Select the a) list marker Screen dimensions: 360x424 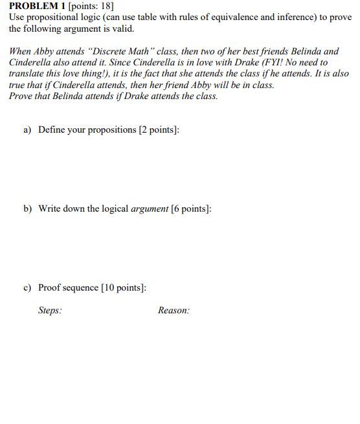pyautogui.click(x=27, y=129)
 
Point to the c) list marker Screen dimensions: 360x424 pyautogui.click(x=27, y=287)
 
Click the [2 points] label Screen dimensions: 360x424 pyautogui.click(x=159, y=129)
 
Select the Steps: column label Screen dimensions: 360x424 pyautogui.click(x=51, y=310)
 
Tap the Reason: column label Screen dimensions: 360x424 pyautogui.click(x=174, y=310)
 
